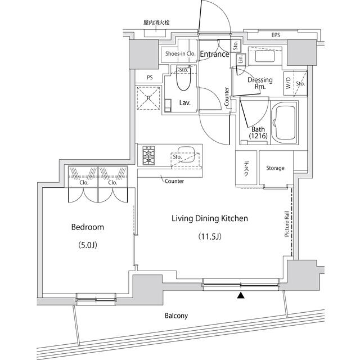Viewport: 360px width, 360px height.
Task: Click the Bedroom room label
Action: pyautogui.click(x=87, y=227)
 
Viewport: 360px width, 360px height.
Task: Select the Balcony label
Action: pyautogui.click(x=176, y=316)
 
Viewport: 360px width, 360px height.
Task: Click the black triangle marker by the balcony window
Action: pyautogui.click(x=241, y=295)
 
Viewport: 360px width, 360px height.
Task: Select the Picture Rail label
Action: pyautogui.click(x=287, y=224)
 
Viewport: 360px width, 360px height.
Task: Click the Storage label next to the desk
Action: pyautogui.click(x=275, y=168)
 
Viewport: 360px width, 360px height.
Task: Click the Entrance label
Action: pyautogui.click(x=214, y=55)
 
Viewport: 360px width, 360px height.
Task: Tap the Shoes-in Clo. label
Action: pyautogui.click(x=179, y=54)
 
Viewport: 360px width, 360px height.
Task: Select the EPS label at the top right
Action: pyautogui.click(x=276, y=35)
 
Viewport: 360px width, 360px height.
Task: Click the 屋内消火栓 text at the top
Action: pyautogui.click(x=156, y=22)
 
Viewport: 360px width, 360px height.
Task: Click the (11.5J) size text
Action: pyautogui.click(x=209, y=236)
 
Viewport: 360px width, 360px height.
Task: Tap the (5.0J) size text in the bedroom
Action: pyautogui.click(x=87, y=245)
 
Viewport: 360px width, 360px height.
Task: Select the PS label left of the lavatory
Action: pyautogui.click(x=150, y=78)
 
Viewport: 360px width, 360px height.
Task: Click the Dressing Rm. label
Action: pyautogui.click(x=260, y=83)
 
